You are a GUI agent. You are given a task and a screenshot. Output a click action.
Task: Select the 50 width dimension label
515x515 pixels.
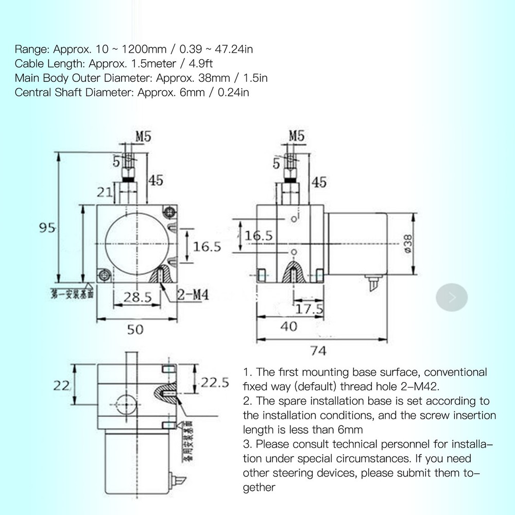click(x=135, y=329)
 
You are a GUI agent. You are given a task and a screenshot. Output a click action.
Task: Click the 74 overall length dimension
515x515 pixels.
click(x=318, y=351)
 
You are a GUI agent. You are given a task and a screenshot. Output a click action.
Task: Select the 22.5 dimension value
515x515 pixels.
click(x=214, y=382)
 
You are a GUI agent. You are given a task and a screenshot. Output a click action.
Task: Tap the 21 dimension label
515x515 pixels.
click(x=105, y=192)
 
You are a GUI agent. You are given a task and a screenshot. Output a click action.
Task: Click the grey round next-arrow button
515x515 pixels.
click(x=452, y=297)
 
